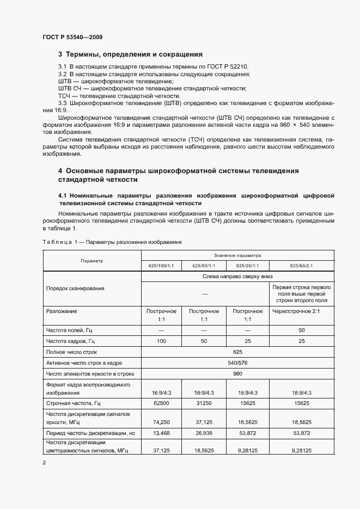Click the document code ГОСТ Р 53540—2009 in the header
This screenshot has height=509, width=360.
point(72,37)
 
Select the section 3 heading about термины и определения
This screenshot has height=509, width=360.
point(131,54)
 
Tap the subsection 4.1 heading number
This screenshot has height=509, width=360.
point(62,195)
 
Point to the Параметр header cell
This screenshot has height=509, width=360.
point(91,261)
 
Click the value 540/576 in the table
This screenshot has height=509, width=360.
point(246,363)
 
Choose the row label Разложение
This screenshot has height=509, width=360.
point(62,311)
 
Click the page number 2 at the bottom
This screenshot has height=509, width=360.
point(44,463)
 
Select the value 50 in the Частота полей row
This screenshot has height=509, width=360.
point(301,330)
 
